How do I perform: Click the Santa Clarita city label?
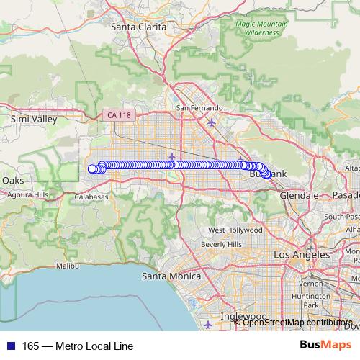[x=138, y=27]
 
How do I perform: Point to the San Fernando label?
[x=199, y=108]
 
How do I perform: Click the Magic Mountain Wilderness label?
[x=261, y=27]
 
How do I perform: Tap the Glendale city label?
[x=299, y=195]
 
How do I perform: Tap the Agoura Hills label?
[x=27, y=194]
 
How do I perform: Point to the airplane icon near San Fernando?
[x=210, y=122]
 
